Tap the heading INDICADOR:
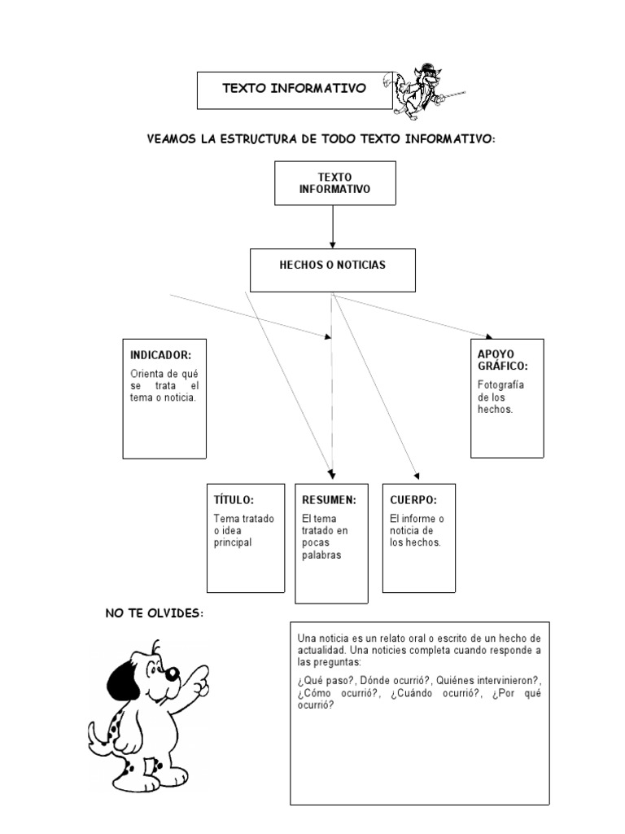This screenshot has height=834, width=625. point(160,355)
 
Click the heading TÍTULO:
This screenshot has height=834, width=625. point(234,499)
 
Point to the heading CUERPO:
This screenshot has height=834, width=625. point(413,499)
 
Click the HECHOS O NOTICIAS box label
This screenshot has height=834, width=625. point(332,265)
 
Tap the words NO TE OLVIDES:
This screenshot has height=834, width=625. point(152,612)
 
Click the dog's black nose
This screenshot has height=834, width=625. point(172,674)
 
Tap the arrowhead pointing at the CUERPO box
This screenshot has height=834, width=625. point(417,476)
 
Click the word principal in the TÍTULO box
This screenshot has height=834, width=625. point(234,542)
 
